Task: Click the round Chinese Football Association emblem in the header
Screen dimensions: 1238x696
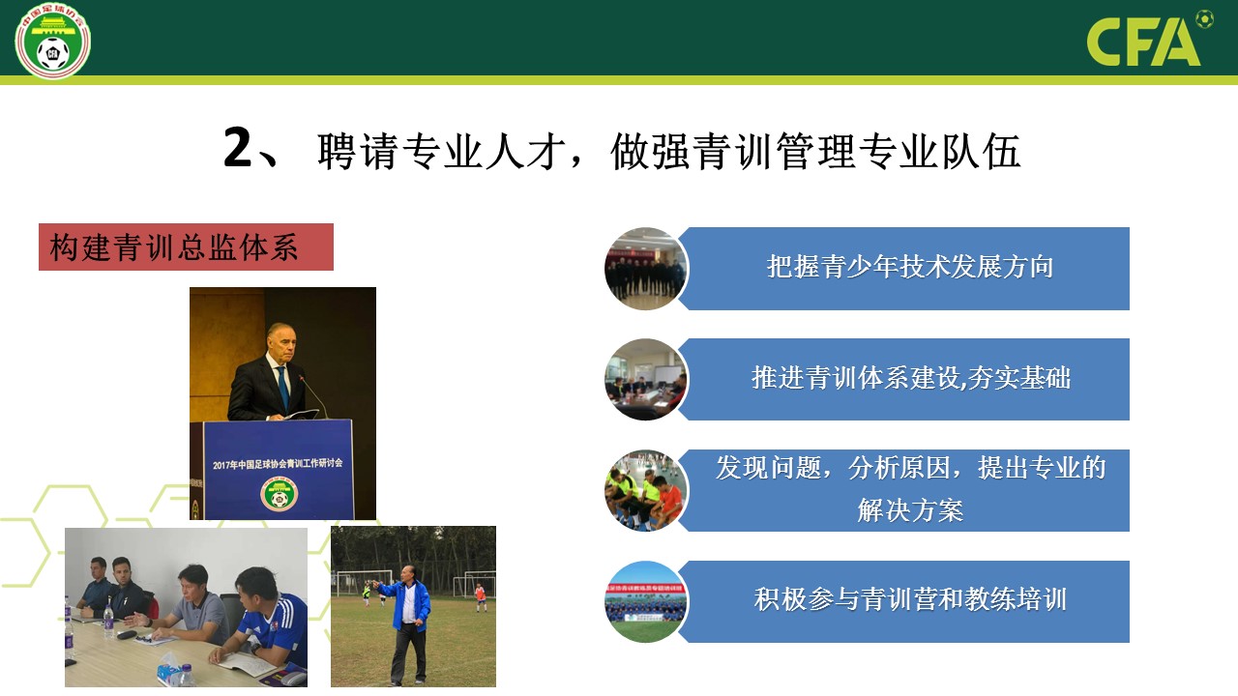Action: click(52, 41)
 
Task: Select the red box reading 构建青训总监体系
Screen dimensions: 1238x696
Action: click(186, 246)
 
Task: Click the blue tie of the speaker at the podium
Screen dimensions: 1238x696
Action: click(282, 386)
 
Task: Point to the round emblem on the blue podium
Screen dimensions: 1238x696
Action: click(280, 493)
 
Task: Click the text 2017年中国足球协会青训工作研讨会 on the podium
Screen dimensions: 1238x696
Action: click(278, 463)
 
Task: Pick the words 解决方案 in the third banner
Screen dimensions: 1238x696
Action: click(910, 509)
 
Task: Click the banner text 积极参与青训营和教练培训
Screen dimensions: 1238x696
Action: click(910, 599)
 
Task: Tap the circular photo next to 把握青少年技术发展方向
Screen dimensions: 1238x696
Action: click(645, 269)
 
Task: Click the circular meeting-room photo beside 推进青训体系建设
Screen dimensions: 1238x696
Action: click(645, 380)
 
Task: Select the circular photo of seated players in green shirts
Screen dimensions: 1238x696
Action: click(645, 490)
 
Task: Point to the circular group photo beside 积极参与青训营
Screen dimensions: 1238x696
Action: click(645, 601)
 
